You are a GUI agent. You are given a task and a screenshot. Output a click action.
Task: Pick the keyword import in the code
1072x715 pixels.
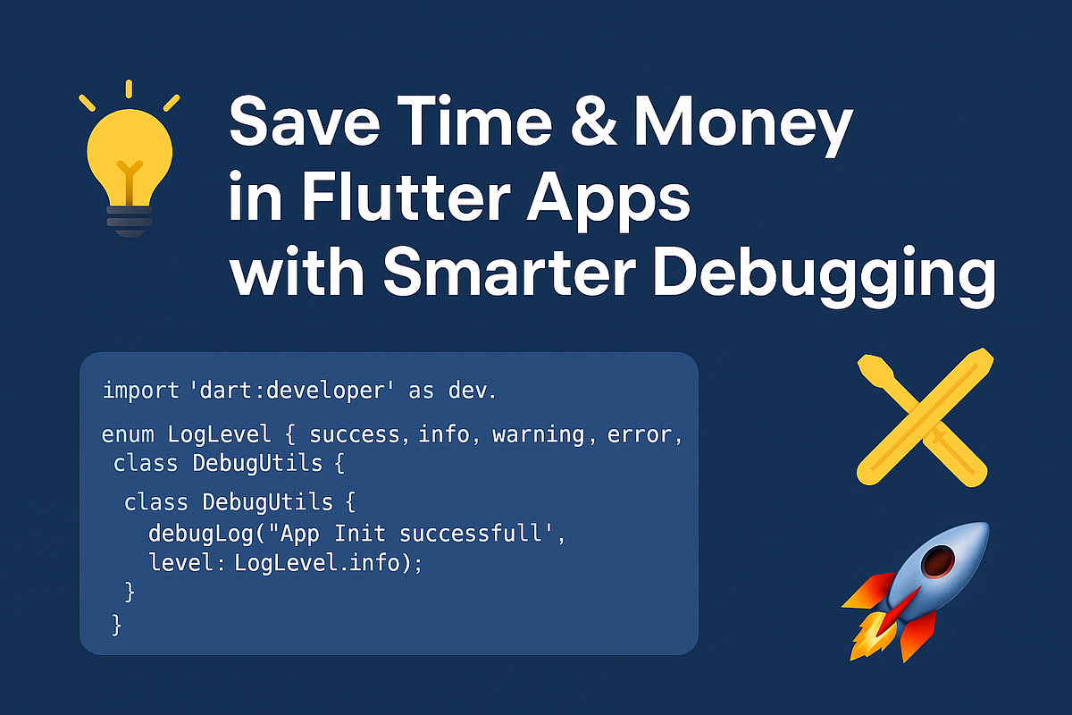tap(138, 391)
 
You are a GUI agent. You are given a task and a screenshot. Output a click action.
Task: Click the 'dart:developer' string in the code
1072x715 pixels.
tap(294, 391)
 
